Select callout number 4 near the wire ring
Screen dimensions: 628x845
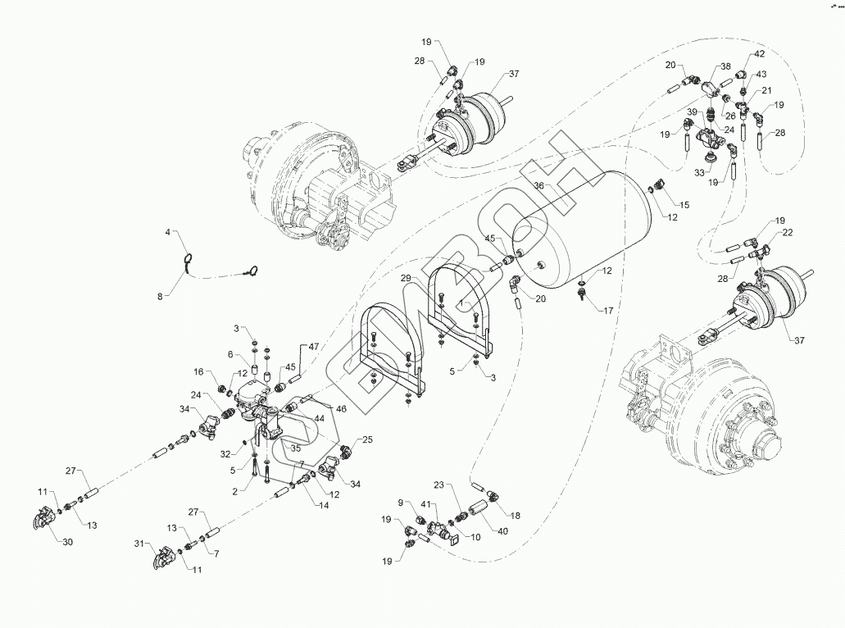coord(169,233)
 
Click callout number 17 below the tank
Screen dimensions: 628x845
coord(609,312)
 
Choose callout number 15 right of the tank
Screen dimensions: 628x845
coord(684,203)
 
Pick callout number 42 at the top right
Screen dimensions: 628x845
coord(760,54)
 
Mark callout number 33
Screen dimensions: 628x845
coord(700,173)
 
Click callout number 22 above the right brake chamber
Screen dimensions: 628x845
coord(788,233)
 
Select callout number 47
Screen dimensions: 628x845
coord(313,348)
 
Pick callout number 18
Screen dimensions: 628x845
coord(515,515)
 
